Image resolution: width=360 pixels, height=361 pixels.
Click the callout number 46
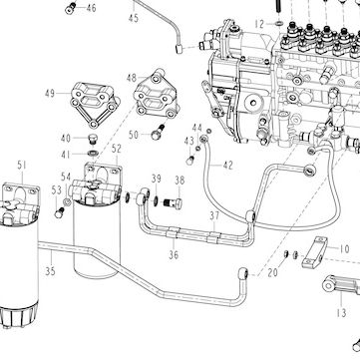pos(91,8)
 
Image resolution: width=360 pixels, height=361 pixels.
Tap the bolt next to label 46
pos(71,8)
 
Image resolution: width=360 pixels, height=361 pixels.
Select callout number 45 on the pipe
pos(134,18)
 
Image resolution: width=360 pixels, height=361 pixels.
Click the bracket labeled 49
pos(95,104)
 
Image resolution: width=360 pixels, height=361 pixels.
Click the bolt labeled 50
pos(158,132)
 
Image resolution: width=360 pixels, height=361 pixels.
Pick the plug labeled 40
pos(92,139)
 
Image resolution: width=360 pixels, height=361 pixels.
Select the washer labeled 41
pos(92,154)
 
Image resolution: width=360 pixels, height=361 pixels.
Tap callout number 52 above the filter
pos(117,149)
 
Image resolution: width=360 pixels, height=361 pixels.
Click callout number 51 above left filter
pos(22,166)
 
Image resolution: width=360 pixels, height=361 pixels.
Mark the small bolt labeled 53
pos(59,212)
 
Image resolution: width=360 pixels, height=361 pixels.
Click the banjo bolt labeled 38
pos(174,202)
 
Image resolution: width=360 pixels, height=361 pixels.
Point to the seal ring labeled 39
pos(156,200)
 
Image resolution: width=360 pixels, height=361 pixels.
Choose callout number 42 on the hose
pos(228,166)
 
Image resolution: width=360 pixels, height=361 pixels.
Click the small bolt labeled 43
pos(189,161)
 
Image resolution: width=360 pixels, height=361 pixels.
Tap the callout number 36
pos(174,255)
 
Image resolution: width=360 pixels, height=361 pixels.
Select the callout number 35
pos(50,271)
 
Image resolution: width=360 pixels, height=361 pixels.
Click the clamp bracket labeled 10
pos(314,252)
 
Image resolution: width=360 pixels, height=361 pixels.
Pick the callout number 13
pos(341,312)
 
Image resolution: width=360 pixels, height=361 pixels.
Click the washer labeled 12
pos(279,24)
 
